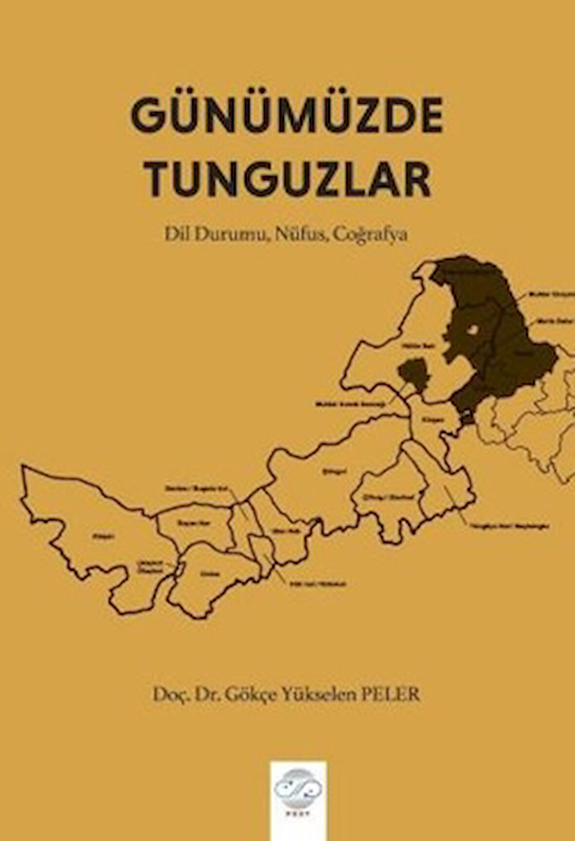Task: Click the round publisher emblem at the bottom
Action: click(x=298, y=788)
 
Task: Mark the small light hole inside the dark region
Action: click(x=471, y=330)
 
